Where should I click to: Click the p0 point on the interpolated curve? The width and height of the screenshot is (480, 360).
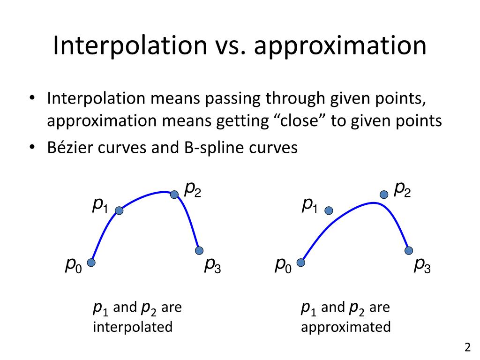pyautogui.click(x=91, y=262)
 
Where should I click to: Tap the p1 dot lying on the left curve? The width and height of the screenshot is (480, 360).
pyautogui.click(x=119, y=211)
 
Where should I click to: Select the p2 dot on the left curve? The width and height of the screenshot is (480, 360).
pyautogui.click(x=174, y=195)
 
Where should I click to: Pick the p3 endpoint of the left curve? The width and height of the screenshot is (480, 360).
pyautogui.click(x=199, y=250)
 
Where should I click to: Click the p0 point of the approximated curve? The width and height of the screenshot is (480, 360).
pyautogui.click(x=301, y=262)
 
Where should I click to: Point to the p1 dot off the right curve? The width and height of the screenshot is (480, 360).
pyautogui.click(x=329, y=211)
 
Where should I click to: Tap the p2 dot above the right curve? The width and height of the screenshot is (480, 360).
pyautogui.click(x=384, y=195)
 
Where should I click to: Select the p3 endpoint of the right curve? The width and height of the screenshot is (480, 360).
pyautogui.click(x=409, y=250)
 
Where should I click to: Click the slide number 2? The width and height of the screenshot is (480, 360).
pyautogui.click(x=467, y=348)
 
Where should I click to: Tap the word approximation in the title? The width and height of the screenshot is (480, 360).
pyautogui.click(x=339, y=46)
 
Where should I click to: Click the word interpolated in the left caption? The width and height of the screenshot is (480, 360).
pyautogui.click(x=133, y=326)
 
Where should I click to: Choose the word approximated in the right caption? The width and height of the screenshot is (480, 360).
pyautogui.click(x=346, y=326)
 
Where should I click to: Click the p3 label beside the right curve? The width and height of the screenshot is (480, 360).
pyautogui.click(x=422, y=266)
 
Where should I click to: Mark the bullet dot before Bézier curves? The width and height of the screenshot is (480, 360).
pyautogui.click(x=32, y=148)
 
